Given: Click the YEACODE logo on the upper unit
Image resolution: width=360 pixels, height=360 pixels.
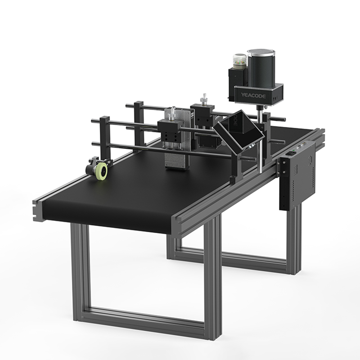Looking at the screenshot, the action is click(x=253, y=95).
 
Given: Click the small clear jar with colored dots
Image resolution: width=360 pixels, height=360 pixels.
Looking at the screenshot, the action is click(x=240, y=61).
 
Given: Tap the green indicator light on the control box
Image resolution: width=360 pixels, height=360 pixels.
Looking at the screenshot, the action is click(x=299, y=148).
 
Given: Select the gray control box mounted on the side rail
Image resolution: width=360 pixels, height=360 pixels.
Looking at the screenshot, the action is click(x=297, y=175).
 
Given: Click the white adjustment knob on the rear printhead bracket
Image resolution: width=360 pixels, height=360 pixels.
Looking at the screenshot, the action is click(x=203, y=99).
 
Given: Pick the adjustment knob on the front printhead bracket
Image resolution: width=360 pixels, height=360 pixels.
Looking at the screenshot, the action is click(x=171, y=114).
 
